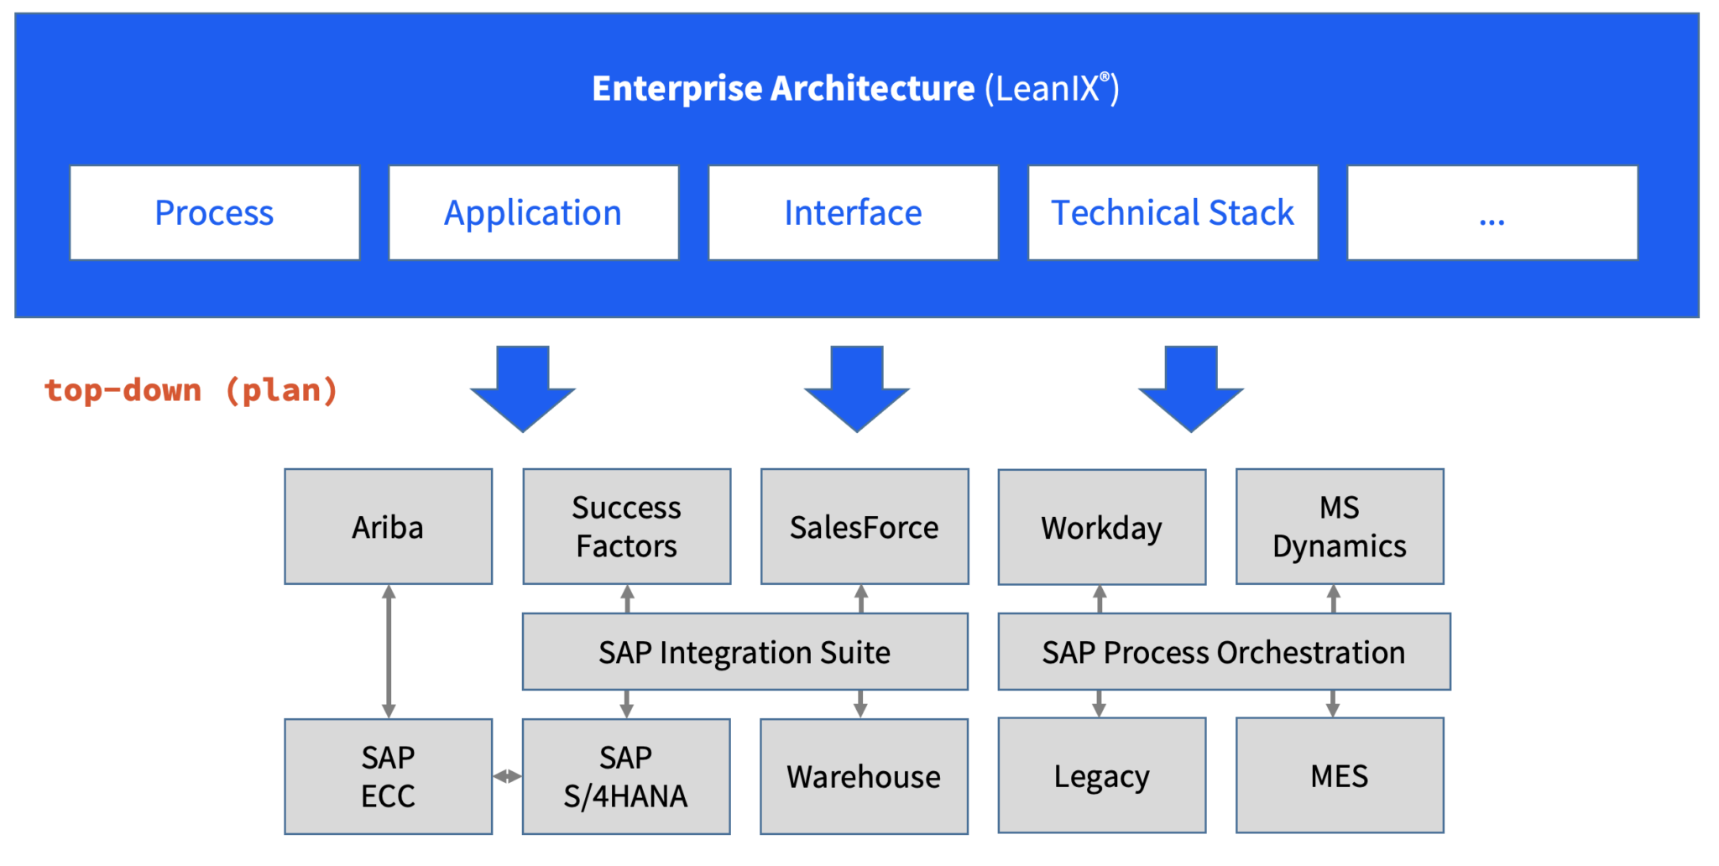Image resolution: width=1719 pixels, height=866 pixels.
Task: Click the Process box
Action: (x=215, y=213)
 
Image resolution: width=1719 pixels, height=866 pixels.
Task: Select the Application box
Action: (x=534, y=213)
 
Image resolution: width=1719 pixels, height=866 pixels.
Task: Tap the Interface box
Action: (x=854, y=213)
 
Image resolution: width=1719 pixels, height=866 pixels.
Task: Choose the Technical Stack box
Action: (x=1173, y=213)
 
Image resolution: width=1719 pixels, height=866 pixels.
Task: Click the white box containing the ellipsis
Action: (x=1492, y=213)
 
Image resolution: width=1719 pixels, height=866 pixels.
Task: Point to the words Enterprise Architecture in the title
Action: (x=783, y=89)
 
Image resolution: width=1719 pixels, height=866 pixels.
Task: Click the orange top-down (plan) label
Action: (x=191, y=390)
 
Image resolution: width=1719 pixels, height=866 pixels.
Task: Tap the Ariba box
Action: (x=389, y=527)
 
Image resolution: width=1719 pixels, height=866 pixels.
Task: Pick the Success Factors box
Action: (x=627, y=527)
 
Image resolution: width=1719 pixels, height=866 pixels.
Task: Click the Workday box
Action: (x=1102, y=528)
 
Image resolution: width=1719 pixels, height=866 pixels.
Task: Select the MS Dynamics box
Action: (x=1340, y=527)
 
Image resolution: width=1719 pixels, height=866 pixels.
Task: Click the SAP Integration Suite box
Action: (x=745, y=652)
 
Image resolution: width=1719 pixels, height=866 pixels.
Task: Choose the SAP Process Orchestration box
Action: (x=1224, y=652)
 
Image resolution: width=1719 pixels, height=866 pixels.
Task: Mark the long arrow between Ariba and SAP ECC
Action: (x=389, y=651)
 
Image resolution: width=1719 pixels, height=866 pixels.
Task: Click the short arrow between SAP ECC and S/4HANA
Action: (x=507, y=776)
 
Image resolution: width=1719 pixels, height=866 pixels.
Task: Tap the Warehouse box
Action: (x=864, y=776)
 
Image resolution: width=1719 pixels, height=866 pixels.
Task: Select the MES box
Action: (x=1340, y=775)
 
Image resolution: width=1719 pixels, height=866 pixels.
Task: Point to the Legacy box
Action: (x=1102, y=775)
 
